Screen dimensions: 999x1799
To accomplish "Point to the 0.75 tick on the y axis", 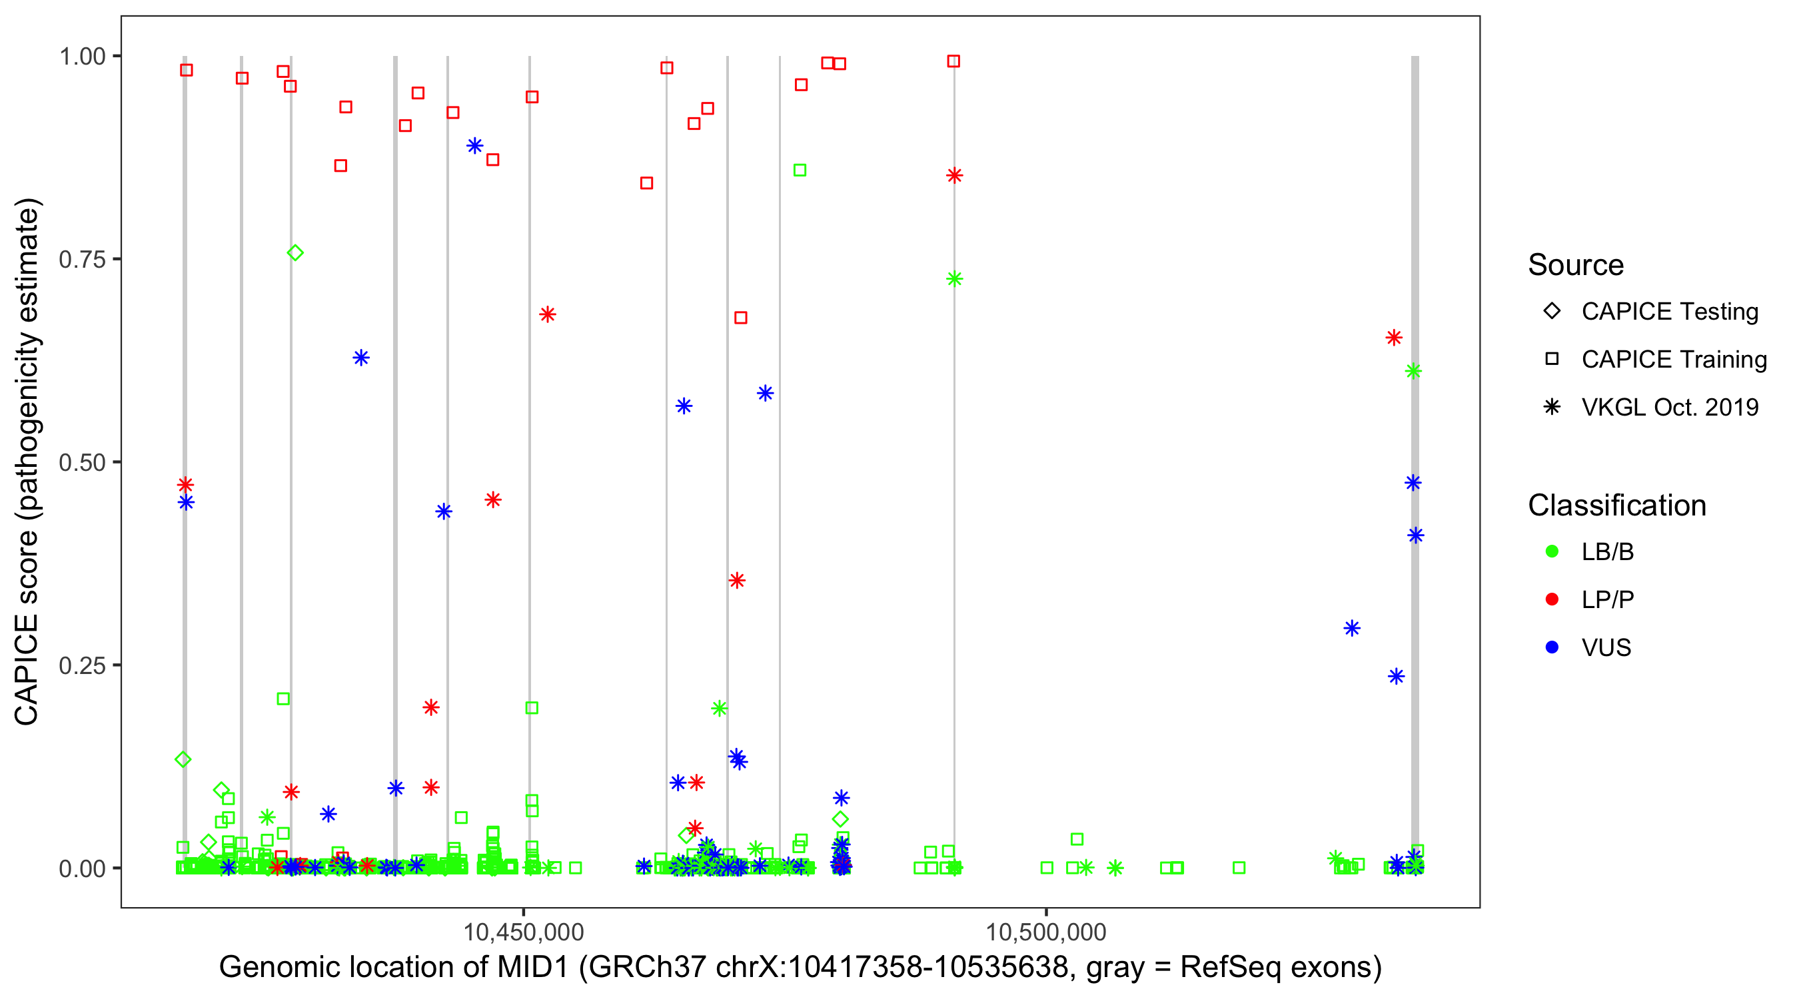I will [82, 259].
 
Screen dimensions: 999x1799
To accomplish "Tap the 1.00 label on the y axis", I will [82, 56].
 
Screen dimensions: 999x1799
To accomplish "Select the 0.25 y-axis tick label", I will [82, 665].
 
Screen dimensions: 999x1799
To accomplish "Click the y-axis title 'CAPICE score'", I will [28, 462].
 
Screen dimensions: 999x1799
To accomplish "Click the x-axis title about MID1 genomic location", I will [800, 967].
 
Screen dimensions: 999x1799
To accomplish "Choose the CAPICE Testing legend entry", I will [1669, 312].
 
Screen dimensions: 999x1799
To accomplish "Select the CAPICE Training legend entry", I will [1673, 360].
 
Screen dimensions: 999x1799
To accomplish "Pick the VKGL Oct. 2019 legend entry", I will [1669, 407].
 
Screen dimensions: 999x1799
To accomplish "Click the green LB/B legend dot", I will [1552, 551].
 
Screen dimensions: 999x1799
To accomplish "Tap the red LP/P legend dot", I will [1552, 599].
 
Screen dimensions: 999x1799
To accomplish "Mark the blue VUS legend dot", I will [1552, 647].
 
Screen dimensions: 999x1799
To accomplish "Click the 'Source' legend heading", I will [1576, 265].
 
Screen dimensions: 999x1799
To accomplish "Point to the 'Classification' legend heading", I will [1616, 505].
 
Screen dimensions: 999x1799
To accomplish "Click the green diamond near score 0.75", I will [295, 252].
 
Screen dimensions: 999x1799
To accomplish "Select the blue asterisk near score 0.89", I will [475, 146].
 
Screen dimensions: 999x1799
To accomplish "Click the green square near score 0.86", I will [800, 170].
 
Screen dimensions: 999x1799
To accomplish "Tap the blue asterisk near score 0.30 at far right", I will [1352, 628].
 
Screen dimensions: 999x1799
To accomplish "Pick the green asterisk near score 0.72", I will [955, 279].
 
